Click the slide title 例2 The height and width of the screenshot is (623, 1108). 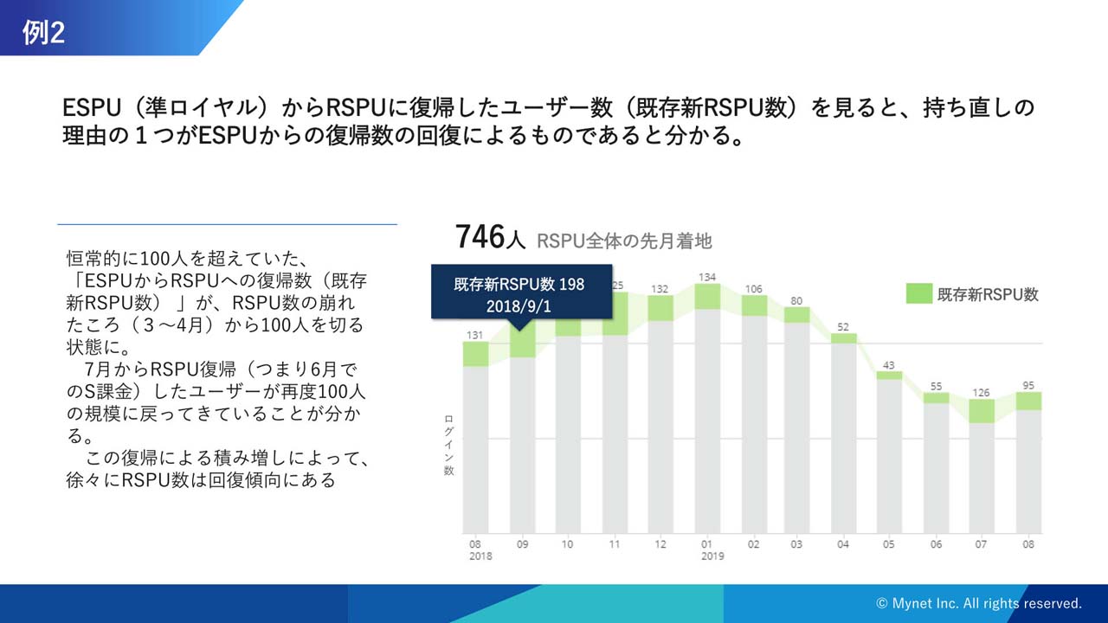point(44,32)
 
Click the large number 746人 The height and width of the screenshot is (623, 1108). point(490,237)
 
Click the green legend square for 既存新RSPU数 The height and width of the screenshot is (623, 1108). point(918,293)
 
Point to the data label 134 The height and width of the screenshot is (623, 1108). point(706,277)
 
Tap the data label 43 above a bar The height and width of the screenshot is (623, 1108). point(889,364)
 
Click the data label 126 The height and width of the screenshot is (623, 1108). point(982,392)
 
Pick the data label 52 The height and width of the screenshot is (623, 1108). point(844,326)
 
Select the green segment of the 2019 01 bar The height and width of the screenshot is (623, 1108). point(707,296)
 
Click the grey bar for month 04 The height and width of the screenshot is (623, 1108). point(844,437)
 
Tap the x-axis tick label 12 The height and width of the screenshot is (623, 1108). point(660,544)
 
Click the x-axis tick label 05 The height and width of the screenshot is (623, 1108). point(889,544)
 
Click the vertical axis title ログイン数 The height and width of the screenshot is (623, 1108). point(449,445)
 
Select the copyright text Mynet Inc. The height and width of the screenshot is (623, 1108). point(978,603)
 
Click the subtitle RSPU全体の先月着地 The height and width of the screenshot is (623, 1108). point(624,241)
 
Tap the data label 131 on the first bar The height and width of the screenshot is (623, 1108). point(475,335)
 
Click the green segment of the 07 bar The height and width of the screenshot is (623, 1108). point(982,411)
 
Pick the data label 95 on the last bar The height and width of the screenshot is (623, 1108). point(1028,385)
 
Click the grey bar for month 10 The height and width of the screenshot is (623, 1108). point(568,433)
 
